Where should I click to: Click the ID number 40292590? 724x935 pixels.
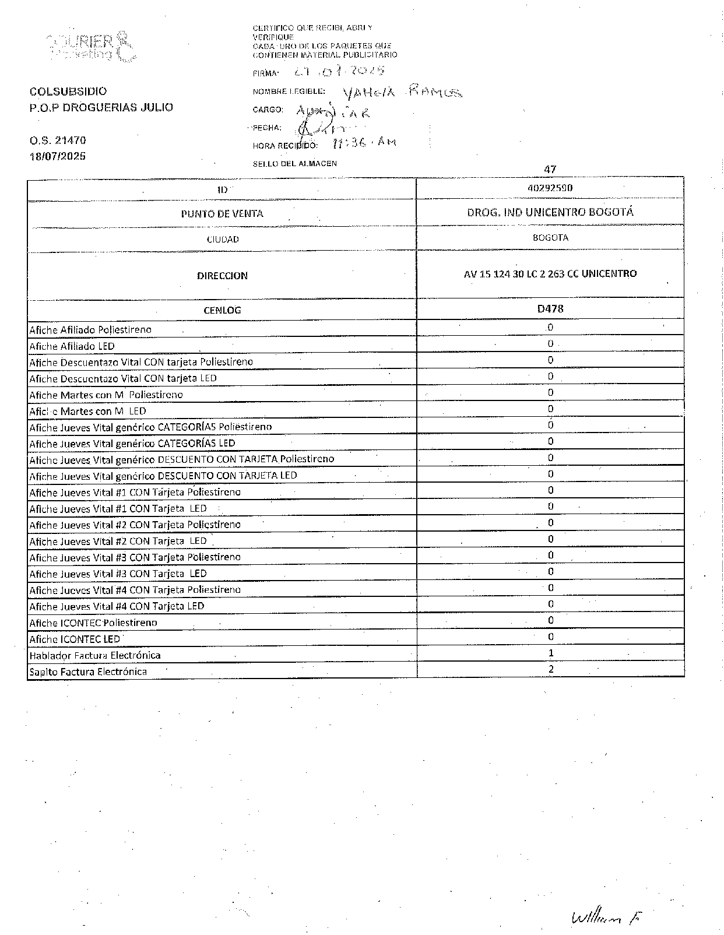[x=550, y=188]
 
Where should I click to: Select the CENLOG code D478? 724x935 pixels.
[x=550, y=309]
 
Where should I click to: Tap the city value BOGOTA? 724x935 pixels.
[x=550, y=238]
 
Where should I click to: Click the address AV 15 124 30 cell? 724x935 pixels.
[x=550, y=273]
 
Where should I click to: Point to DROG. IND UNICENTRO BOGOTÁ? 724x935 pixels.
[x=550, y=212]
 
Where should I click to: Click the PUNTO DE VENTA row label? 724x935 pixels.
[x=222, y=214]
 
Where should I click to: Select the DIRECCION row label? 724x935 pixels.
[x=222, y=276]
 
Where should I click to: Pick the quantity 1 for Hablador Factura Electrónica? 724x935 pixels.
[x=551, y=653]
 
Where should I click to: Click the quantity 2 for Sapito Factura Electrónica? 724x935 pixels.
[x=551, y=669]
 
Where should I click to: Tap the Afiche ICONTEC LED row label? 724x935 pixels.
[x=75, y=639]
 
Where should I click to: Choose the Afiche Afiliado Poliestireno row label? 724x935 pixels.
[x=90, y=330]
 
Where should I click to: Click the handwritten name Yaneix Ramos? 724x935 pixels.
[x=403, y=92]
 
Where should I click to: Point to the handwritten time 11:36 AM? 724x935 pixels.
[x=364, y=143]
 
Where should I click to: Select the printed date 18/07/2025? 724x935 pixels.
[x=58, y=156]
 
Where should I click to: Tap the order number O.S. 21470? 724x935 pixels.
[x=58, y=140]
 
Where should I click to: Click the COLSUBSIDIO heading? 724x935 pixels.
[x=68, y=92]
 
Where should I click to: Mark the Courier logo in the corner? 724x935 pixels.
[x=92, y=47]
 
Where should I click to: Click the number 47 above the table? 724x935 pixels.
[x=550, y=170]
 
